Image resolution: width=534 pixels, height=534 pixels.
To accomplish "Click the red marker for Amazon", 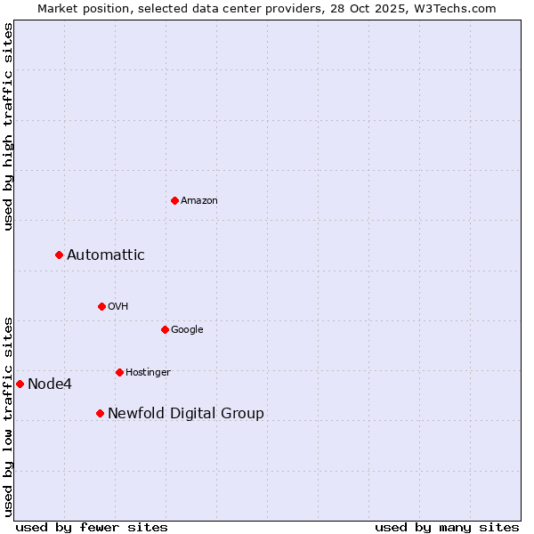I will pyautogui.click(x=174, y=200).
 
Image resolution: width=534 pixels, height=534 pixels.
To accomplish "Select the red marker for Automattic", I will pyautogui.click(x=59, y=255).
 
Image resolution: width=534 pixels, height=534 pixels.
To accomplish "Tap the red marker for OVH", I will pyautogui.click(x=101, y=306).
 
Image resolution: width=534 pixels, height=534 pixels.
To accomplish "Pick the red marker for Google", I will pyautogui.click(x=165, y=329).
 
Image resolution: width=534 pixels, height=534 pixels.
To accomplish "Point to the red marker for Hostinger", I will pyautogui.click(x=119, y=372).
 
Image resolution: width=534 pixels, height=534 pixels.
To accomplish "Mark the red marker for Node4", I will pyautogui.click(x=20, y=384).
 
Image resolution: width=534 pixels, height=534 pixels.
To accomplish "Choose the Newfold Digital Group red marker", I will pyautogui.click(x=100, y=413).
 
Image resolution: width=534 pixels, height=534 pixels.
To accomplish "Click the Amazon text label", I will pyautogui.click(x=199, y=201).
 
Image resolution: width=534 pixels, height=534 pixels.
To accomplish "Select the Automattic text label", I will pyautogui.click(x=106, y=255).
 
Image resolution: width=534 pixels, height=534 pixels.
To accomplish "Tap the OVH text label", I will pyautogui.click(x=118, y=307).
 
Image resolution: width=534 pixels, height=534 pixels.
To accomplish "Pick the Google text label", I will pyautogui.click(x=187, y=330).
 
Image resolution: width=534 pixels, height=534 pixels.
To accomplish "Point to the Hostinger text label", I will pyautogui.click(x=148, y=373).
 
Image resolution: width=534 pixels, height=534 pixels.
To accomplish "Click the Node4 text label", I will pyautogui.click(x=50, y=384).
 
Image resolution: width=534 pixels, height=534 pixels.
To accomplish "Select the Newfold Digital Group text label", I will pyautogui.click(x=186, y=414).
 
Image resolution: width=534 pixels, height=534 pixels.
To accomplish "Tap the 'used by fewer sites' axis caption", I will pyautogui.click(x=92, y=527).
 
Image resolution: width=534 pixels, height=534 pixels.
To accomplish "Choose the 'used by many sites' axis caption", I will pyautogui.click(x=447, y=527).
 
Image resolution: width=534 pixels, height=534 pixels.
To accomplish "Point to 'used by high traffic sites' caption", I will pyautogui.click(x=8, y=127).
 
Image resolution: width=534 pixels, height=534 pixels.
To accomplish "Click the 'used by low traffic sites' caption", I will pyautogui.click(x=8, y=417).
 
